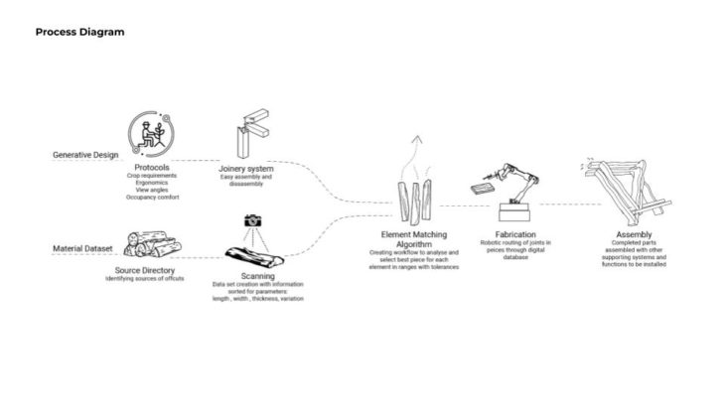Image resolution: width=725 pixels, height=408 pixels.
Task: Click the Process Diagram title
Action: [x=79, y=32]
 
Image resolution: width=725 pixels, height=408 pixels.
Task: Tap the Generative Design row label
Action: [x=86, y=156]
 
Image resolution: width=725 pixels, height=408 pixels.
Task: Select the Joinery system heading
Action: [x=245, y=169]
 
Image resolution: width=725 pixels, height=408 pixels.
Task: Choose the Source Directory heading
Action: [x=146, y=270]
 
